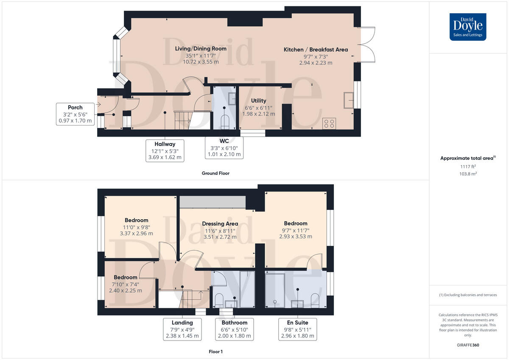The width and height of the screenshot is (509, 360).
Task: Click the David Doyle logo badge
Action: click(468, 27)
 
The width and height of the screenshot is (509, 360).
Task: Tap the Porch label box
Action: click(75, 114)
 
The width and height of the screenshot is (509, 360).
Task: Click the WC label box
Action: click(224, 148)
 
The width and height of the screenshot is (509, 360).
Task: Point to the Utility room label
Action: click(258, 107)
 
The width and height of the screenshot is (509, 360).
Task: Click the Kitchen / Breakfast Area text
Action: click(316, 50)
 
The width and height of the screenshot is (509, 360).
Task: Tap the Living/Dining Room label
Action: click(201, 49)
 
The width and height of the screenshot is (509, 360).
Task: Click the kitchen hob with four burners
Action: click(329, 123)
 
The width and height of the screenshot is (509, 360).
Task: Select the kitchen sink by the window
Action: click(349, 100)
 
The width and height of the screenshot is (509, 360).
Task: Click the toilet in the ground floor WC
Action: click(224, 122)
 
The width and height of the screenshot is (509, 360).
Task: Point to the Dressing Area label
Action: click(220, 223)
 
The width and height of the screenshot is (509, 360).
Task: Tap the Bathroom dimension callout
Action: click(234, 329)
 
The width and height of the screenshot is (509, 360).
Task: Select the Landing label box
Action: click(182, 329)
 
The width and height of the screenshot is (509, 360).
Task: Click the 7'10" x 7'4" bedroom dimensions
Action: click(125, 284)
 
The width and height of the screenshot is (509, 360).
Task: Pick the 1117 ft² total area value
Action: click(468, 167)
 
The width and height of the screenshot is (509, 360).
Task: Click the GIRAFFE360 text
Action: click(468, 345)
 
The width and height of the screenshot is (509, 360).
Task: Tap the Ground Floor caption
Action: click(215, 173)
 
